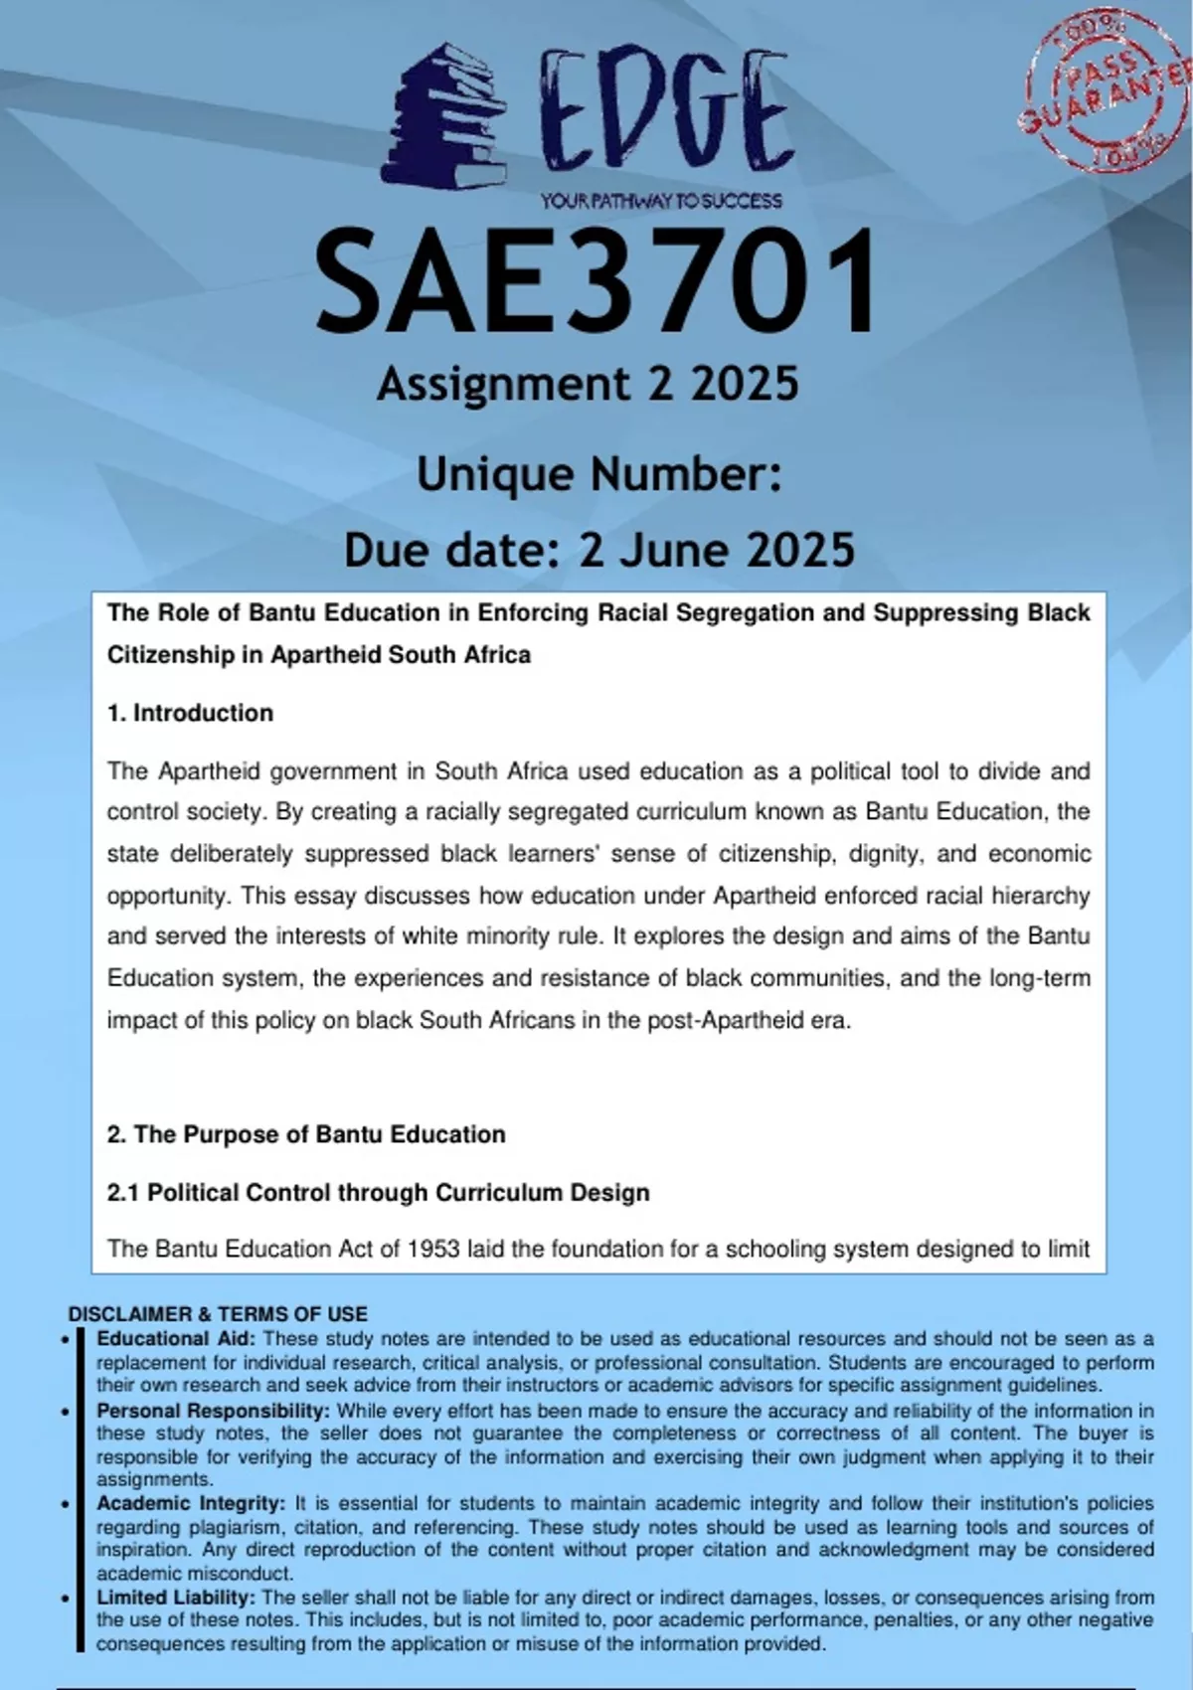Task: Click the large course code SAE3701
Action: click(596, 281)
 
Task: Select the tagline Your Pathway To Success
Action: click(661, 201)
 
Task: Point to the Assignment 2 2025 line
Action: click(588, 384)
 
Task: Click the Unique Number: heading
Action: click(599, 473)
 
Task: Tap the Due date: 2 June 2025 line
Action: click(599, 549)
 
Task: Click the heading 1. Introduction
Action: click(190, 713)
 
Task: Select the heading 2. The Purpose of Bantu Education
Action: click(306, 1134)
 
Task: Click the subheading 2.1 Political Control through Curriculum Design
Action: click(378, 1192)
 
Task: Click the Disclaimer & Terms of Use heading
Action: click(218, 1313)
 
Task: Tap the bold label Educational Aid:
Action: click(176, 1338)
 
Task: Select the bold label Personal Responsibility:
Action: click(213, 1410)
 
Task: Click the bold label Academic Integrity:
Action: click(191, 1503)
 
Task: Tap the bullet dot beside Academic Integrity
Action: click(66, 1504)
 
